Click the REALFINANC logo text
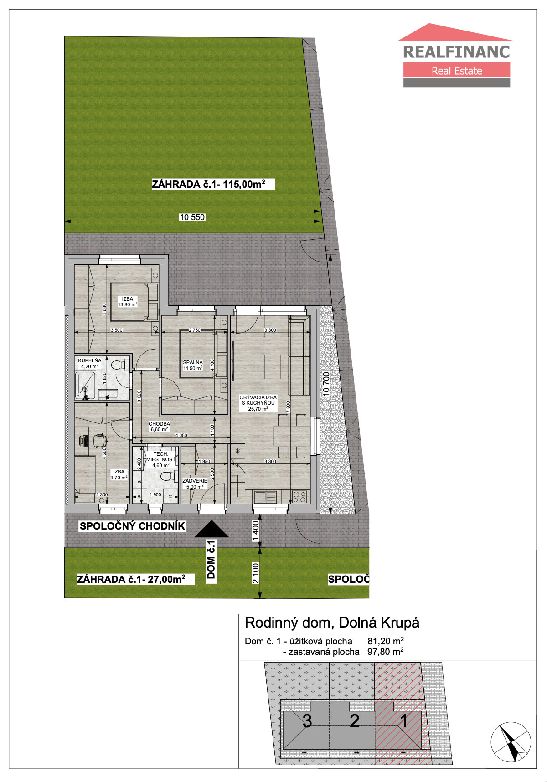click(x=456, y=51)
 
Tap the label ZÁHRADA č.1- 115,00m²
click(x=208, y=184)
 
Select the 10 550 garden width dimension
click(x=192, y=217)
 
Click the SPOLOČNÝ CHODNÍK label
click(x=132, y=526)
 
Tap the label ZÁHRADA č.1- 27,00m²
click(x=131, y=579)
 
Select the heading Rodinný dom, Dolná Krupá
click(x=332, y=623)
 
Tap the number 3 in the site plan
click(x=307, y=721)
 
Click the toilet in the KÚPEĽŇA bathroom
click(x=118, y=365)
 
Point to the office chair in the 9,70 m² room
click(x=99, y=441)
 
